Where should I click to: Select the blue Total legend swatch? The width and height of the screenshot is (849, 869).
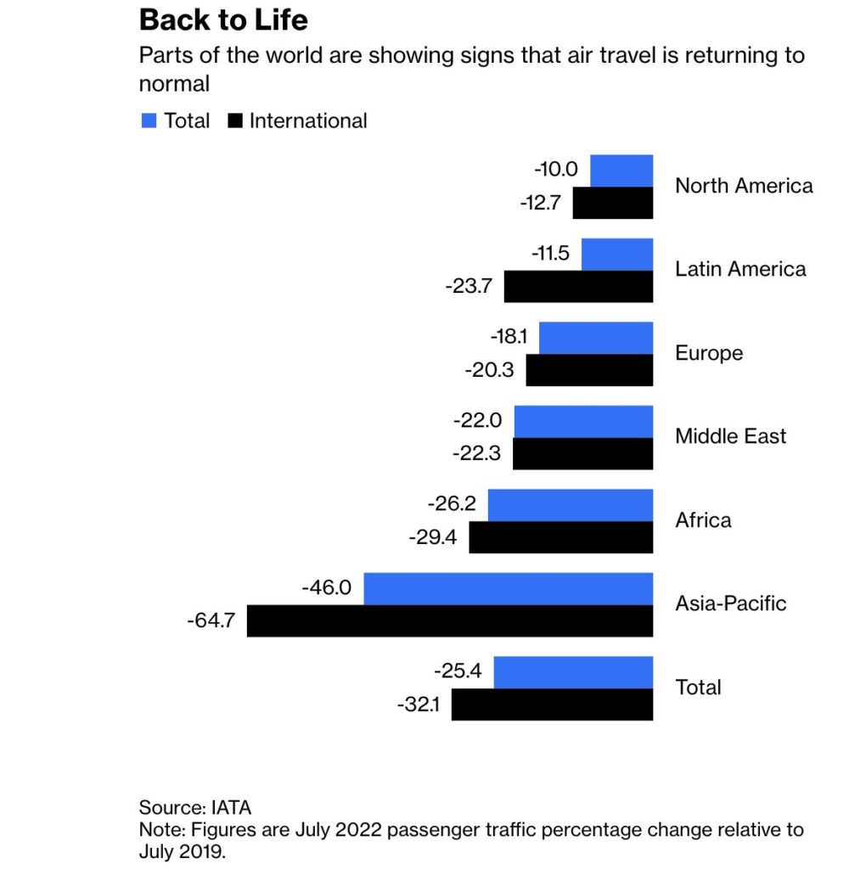[x=149, y=121]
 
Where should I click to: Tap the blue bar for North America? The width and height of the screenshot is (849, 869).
[x=621, y=171]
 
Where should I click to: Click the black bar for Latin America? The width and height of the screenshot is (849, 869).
[x=578, y=287]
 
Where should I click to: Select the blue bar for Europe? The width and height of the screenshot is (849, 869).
[x=596, y=338]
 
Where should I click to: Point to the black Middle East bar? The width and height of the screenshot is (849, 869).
[x=582, y=454]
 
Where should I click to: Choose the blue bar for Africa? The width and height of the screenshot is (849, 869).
[x=570, y=505]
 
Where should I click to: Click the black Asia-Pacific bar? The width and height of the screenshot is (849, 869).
[x=450, y=621]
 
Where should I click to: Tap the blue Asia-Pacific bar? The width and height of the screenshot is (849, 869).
[x=508, y=588]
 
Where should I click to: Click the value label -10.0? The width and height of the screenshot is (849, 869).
[x=556, y=169]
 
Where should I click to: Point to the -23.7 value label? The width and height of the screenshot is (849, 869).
[x=469, y=286]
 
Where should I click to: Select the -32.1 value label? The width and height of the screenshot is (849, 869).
[x=419, y=704]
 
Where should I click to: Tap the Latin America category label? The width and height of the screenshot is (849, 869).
[x=740, y=269]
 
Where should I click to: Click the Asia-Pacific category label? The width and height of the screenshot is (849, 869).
[x=730, y=603]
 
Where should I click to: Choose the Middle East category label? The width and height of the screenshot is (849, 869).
[x=730, y=436]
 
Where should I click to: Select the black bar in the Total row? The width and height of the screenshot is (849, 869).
[x=552, y=704]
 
